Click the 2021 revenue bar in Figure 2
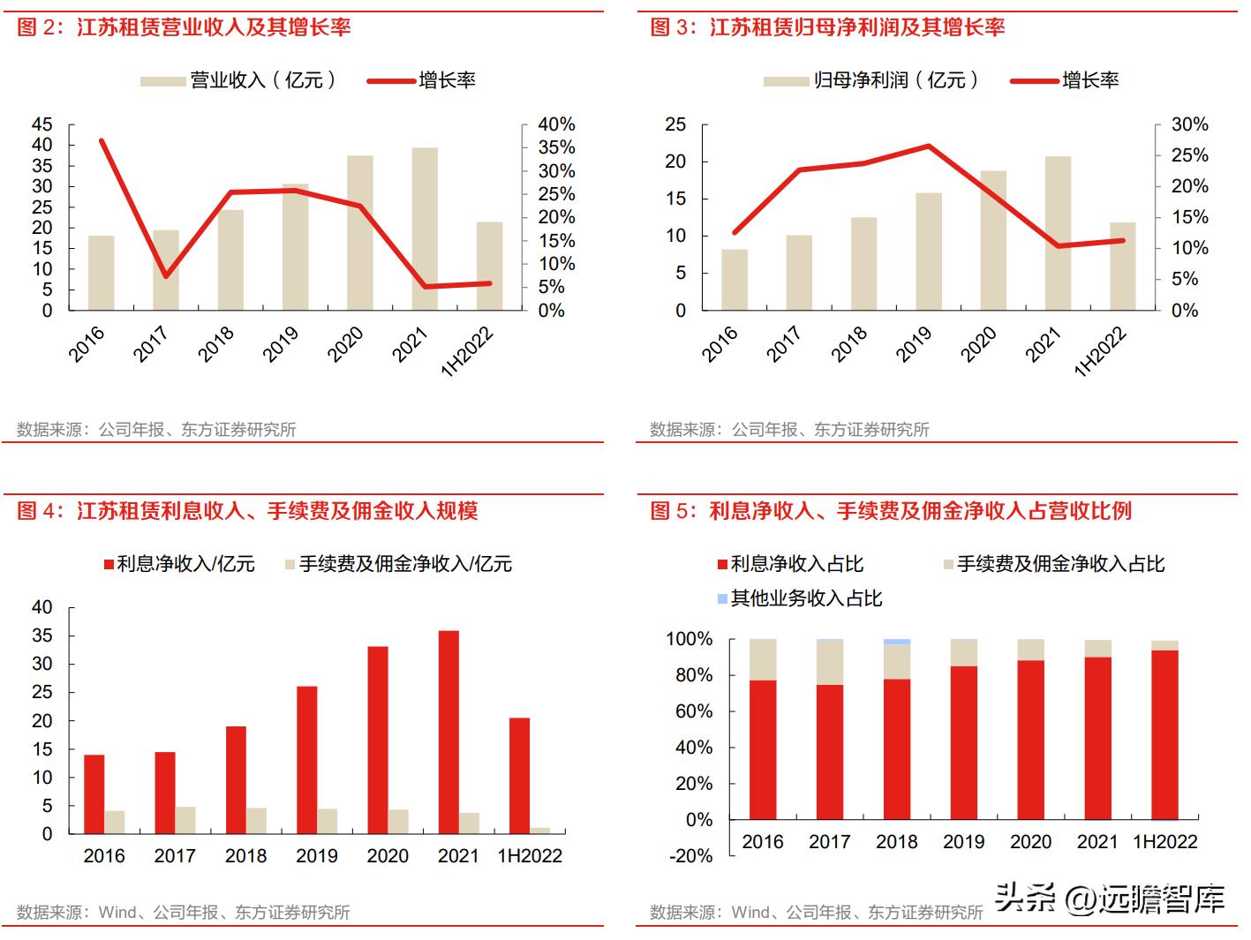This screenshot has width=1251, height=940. (x=425, y=229)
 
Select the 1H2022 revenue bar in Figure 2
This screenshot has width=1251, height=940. (x=489, y=266)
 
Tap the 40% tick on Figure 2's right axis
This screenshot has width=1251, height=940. (x=556, y=124)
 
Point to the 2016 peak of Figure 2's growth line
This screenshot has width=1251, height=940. (x=102, y=141)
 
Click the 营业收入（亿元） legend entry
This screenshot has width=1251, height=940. (x=238, y=80)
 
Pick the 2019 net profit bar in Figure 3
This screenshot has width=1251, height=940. (x=929, y=252)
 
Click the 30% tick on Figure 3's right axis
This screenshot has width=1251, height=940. (x=1189, y=124)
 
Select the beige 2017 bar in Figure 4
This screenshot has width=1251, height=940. (x=185, y=820)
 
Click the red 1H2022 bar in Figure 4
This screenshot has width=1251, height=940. (x=519, y=776)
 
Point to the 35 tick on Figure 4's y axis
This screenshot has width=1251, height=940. (x=42, y=635)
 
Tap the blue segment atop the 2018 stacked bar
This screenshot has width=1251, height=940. (x=897, y=642)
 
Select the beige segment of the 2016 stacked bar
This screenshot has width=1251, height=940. (x=763, y=659)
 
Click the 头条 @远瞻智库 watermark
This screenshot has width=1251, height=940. (x=1110, y=899)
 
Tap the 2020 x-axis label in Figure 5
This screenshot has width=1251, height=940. (x=1030, y=841)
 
